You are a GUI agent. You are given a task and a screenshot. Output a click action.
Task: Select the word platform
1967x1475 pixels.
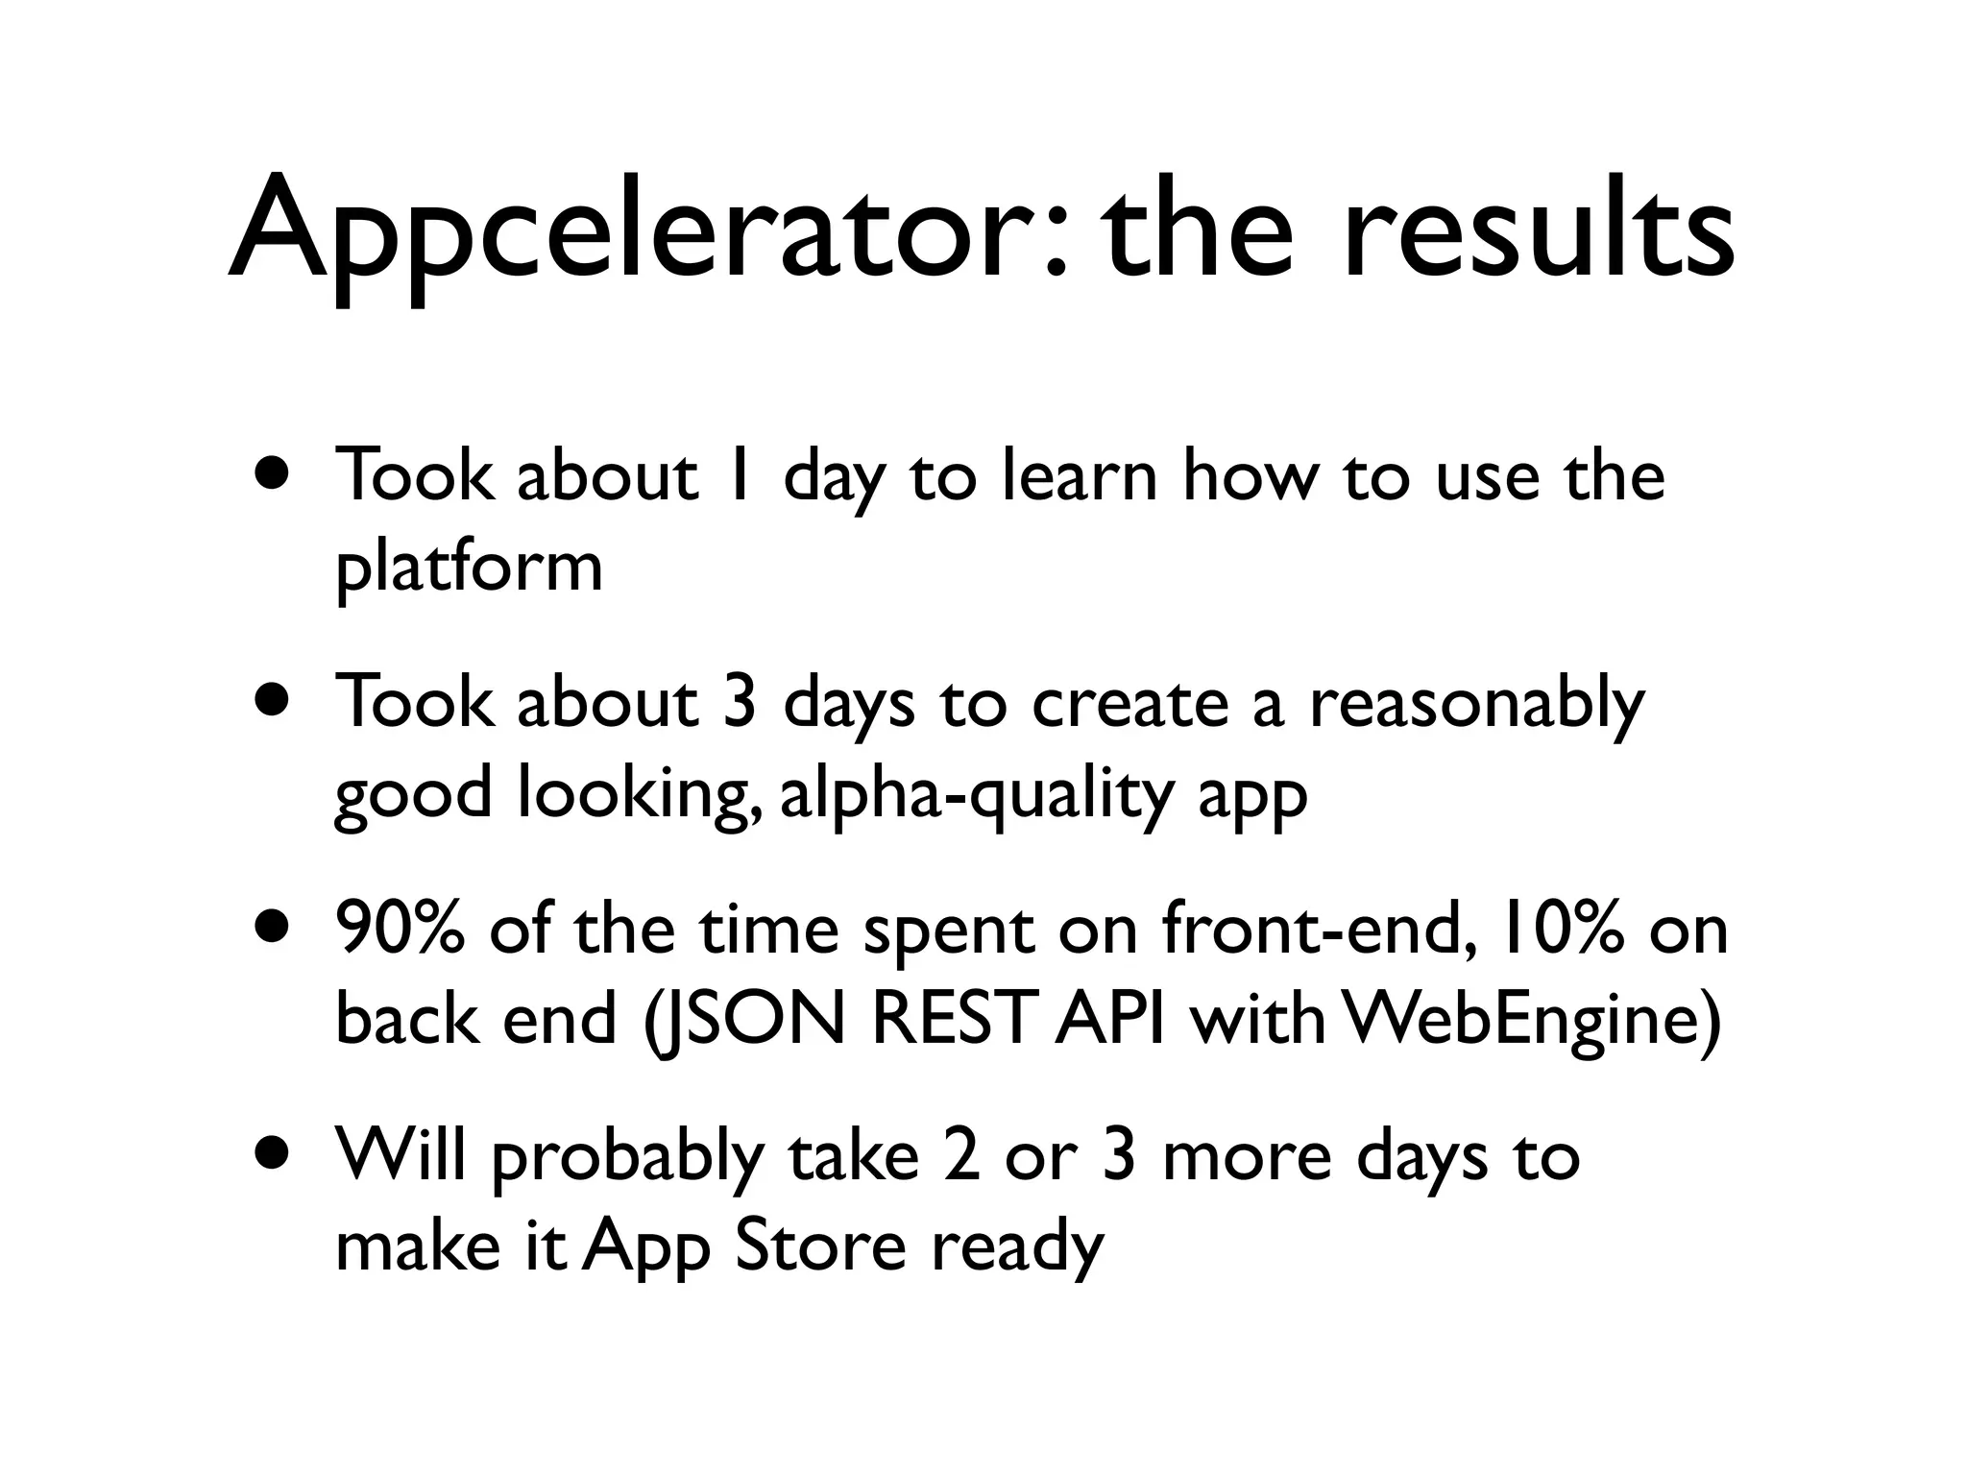point(469,567)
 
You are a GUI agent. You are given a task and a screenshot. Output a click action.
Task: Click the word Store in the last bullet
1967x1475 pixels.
point(818,1246)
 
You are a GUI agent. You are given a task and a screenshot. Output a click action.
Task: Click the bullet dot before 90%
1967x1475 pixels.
point(272,928)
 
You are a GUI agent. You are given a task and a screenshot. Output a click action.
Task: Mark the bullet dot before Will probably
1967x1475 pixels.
point(272,1152)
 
